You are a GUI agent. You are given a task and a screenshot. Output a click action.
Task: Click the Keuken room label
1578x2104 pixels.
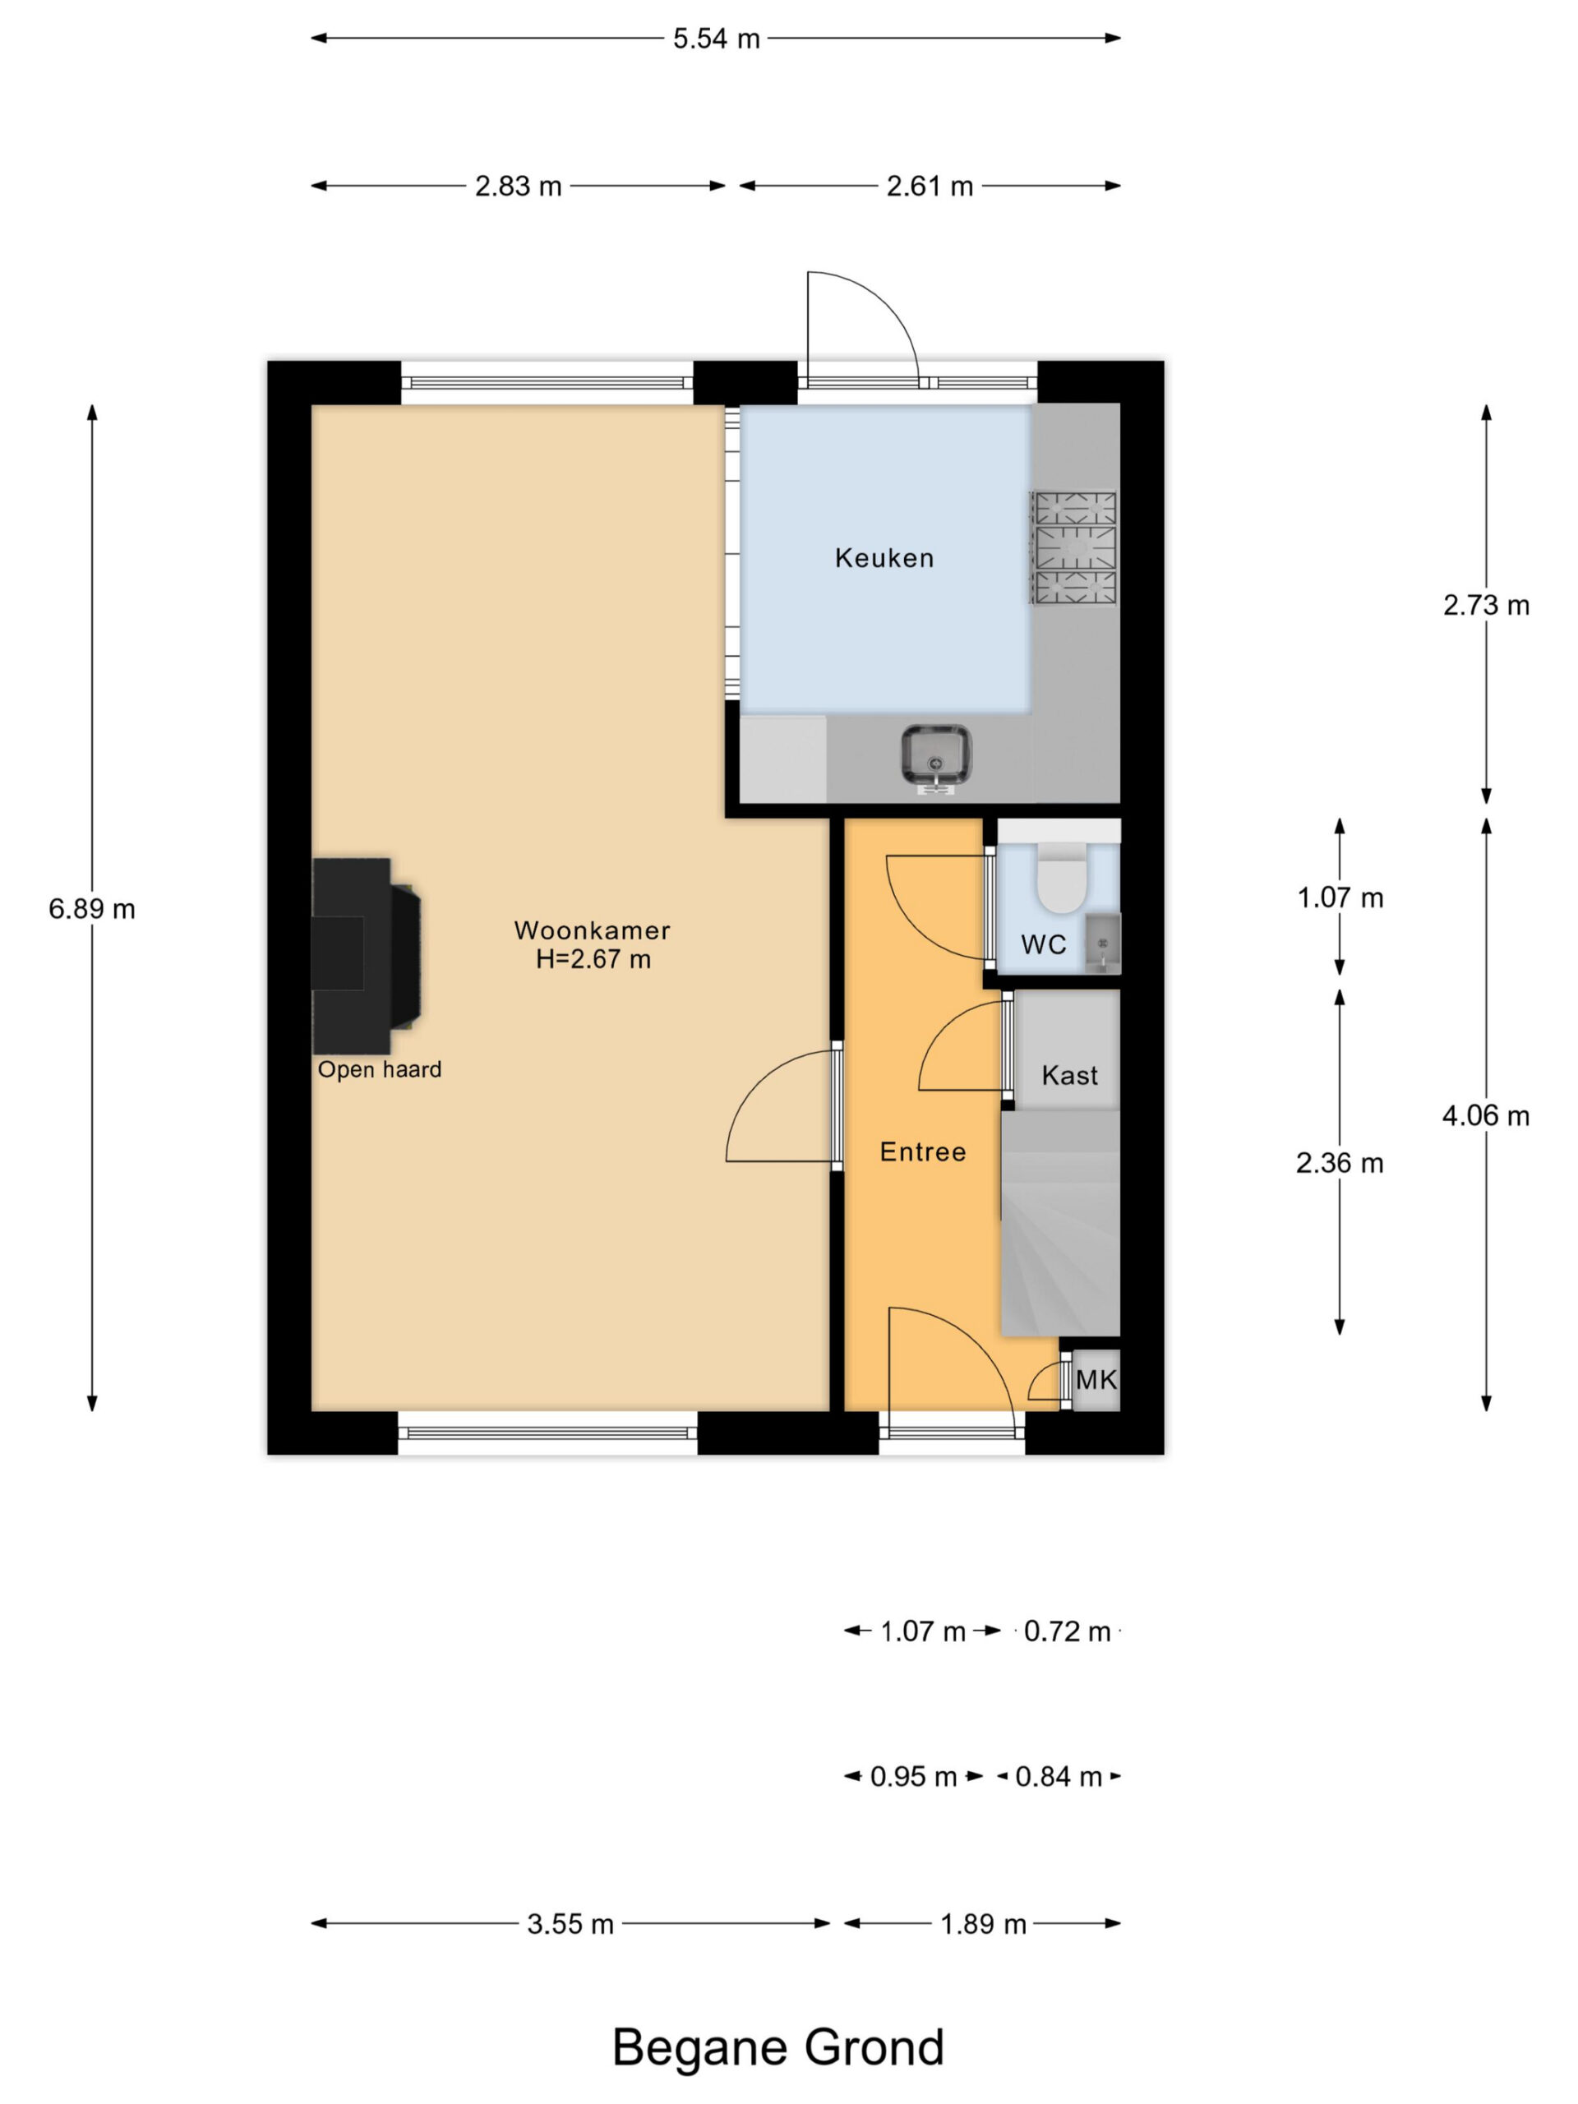(884, 558)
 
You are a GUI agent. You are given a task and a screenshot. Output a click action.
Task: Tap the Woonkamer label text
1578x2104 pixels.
(592, 930)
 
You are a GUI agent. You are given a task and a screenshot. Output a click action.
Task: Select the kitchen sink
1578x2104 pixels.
(936, 758)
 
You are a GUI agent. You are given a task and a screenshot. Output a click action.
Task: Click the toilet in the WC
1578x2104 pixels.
(1060, 876)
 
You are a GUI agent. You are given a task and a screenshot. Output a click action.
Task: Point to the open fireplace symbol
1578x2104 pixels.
(367, 956)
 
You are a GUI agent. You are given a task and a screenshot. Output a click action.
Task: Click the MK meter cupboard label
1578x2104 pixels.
(1096, 1380)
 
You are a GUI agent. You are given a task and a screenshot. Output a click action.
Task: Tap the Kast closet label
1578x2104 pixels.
(1069, 1076)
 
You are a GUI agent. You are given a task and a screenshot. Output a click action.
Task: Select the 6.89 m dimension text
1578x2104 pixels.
(92, 909)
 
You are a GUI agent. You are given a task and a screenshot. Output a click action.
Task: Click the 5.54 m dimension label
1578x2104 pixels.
(716, 39)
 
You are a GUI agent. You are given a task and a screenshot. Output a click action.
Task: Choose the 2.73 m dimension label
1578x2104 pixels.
(1486, 605)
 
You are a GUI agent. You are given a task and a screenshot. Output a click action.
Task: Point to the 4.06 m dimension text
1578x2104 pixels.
(1486, 1116)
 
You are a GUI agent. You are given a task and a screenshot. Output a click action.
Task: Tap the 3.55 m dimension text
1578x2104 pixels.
(570, 1924)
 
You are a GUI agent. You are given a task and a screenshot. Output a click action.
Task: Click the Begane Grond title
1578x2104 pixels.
(778, 2048)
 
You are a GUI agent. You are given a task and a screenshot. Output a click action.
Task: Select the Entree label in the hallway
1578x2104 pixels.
(923, 1152)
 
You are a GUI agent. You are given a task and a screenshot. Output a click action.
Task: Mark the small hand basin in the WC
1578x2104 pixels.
(1102, 944)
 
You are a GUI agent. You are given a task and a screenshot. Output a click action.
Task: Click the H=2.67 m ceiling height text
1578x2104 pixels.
(593, 959)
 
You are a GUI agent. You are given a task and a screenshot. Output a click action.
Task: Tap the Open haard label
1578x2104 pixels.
(380, 1070)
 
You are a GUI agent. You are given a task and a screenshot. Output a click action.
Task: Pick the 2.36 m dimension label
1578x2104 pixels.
(1340, 1163)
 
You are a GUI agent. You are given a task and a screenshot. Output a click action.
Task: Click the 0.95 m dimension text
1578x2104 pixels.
(913, 1777)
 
